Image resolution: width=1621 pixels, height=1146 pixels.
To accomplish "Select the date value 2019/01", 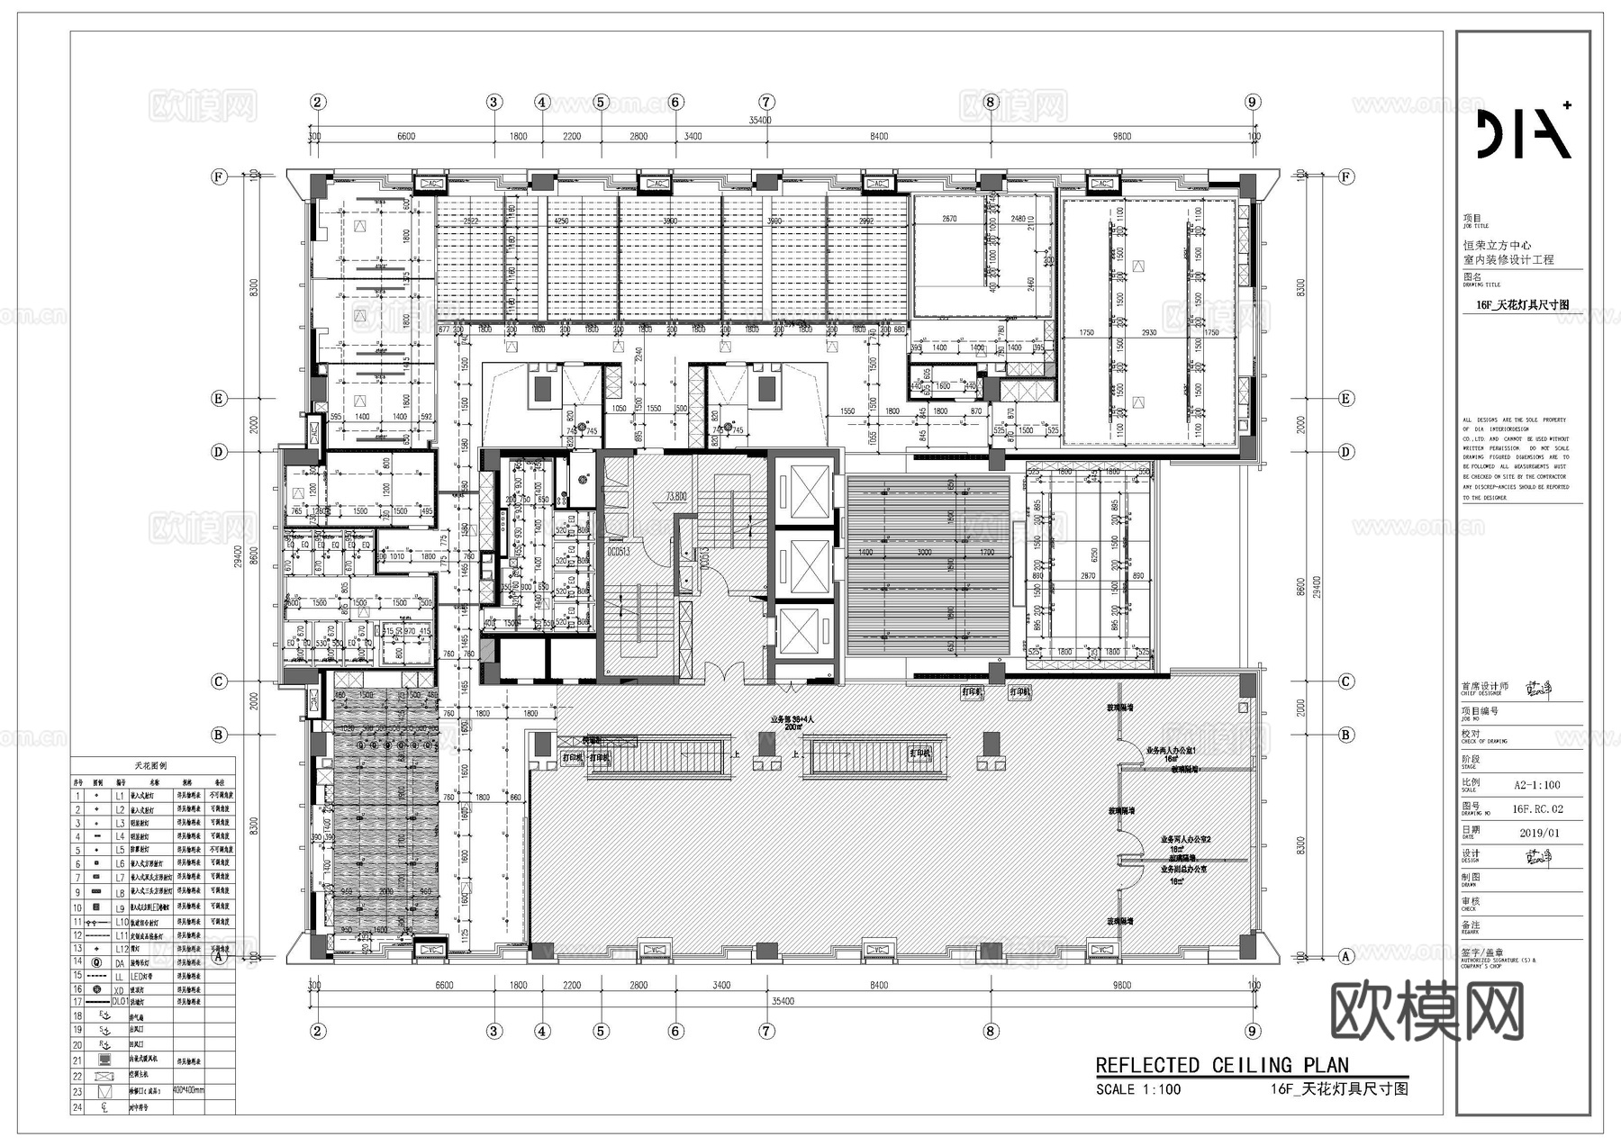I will coord(1539,833).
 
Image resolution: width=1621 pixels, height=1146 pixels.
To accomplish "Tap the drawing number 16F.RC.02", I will coord(1537,809).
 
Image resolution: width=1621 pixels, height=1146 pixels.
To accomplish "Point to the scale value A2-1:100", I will coord(1536,785).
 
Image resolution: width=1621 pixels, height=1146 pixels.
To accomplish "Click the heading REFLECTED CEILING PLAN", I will coord(1222,1066).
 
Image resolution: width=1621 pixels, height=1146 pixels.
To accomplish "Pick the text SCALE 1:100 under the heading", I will coord(1137,1089).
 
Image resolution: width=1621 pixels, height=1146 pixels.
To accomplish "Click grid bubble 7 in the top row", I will coord(766,102).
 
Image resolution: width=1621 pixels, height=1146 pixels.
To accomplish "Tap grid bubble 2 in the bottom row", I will coord(317,1032).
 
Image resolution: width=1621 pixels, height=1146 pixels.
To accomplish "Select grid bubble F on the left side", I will coord(219,176).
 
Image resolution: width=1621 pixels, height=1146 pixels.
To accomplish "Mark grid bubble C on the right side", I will coord(1345,681).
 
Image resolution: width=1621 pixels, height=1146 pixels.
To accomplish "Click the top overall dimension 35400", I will coord(760,120).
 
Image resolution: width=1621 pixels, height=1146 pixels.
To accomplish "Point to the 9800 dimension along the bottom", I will coord(1121,986).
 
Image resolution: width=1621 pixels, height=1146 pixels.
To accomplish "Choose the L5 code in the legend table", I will coord(120,850).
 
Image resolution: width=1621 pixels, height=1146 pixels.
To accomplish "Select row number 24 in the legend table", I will coord(77,1107).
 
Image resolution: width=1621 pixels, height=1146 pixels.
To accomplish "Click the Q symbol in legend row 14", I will coord(96,961).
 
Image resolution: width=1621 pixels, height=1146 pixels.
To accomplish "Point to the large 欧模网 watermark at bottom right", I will coord(1426,1011).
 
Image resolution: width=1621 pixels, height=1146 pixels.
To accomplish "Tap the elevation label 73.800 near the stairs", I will coord(675,496).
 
